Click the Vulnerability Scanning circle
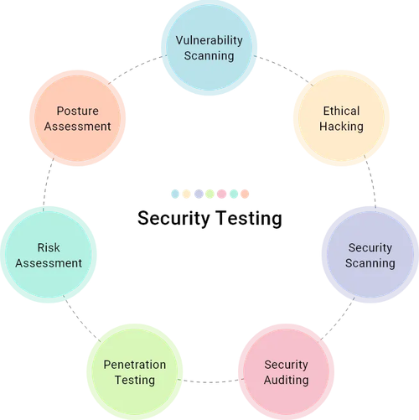click(209, 48)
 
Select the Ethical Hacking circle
click(341, 118)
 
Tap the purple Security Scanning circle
click(370, 255)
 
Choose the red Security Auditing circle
click(286, 371)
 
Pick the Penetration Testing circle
click(134, 372)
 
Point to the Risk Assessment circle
click(49, 255)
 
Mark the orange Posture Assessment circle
click(78, 118)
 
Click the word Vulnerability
click(209, 39)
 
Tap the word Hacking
click(341, 127)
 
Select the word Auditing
click(286, 380)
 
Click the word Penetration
click(134, 365)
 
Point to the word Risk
click(49, 247)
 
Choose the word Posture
click(78, 111)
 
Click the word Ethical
click(341, 111)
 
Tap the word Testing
click(134, 381)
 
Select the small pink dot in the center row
click(221, 194)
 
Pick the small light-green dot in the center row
click(209, 194)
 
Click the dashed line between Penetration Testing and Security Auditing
click(209, 382)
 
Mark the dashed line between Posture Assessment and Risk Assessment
click(46, 184)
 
